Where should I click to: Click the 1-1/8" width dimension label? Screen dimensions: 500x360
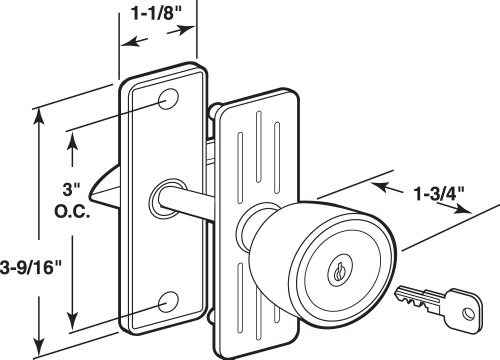point(157,14)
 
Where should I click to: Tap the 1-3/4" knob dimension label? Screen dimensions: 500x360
point(439,194)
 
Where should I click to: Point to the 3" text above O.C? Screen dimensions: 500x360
point(72,189)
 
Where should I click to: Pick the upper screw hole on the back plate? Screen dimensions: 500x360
point(168,99)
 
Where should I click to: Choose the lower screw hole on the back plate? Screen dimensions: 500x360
point(168,302)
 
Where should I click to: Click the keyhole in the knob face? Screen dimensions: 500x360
point(340,270)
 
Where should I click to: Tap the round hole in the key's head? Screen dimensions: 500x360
point(468,314)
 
